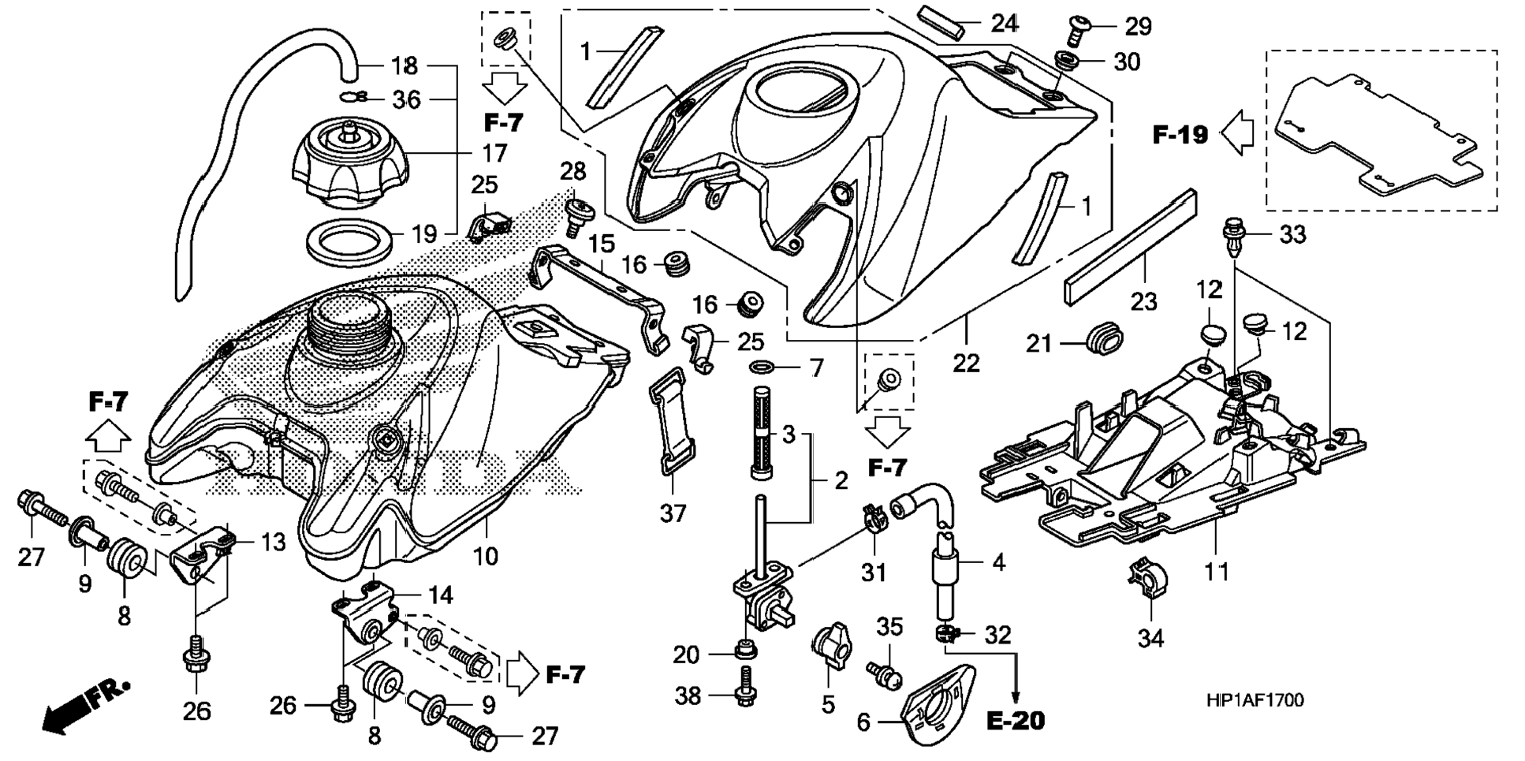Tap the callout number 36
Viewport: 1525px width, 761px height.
[407, 99]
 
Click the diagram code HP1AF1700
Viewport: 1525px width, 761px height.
[1254, 700]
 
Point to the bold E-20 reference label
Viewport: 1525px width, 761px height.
[1016, 720]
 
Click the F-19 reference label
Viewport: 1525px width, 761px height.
[1180, 135]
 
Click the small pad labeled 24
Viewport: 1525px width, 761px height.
[941, 21]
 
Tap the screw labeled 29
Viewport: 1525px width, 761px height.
[1079, 29]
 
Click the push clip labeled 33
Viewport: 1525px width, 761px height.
[1232, 237]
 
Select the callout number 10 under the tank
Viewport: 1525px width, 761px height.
[486, 556]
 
